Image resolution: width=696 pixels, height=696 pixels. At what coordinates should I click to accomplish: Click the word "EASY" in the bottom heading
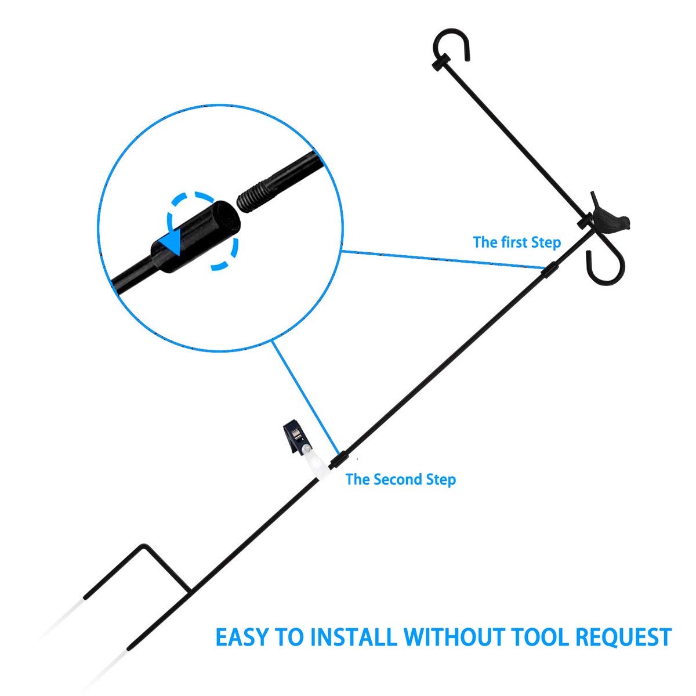coord(242,637)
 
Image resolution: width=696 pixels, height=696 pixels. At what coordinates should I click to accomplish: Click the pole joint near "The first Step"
coord(551,270)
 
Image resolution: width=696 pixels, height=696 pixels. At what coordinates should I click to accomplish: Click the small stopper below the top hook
coord(440,61)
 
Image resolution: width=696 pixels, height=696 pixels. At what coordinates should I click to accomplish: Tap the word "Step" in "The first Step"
coord(545,242)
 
